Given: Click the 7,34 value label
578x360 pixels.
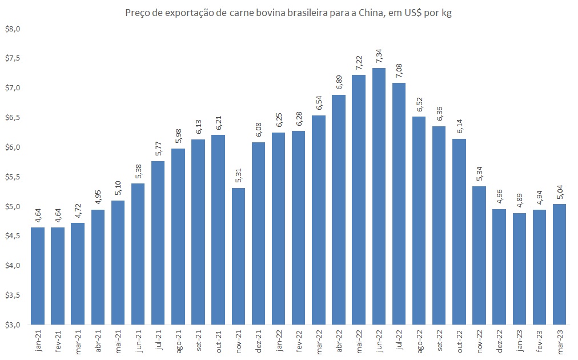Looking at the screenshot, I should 379,55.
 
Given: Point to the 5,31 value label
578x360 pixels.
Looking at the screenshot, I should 239,175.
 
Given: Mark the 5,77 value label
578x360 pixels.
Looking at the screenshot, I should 158,149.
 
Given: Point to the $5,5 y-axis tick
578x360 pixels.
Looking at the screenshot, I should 12,177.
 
